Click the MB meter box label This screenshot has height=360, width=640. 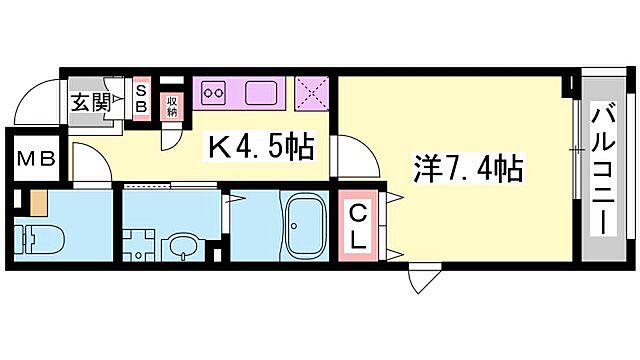coord(35,159)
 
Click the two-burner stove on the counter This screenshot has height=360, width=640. coord(216,95)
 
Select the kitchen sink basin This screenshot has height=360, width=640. coord(263,95)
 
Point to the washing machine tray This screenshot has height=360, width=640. coord(139,246)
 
